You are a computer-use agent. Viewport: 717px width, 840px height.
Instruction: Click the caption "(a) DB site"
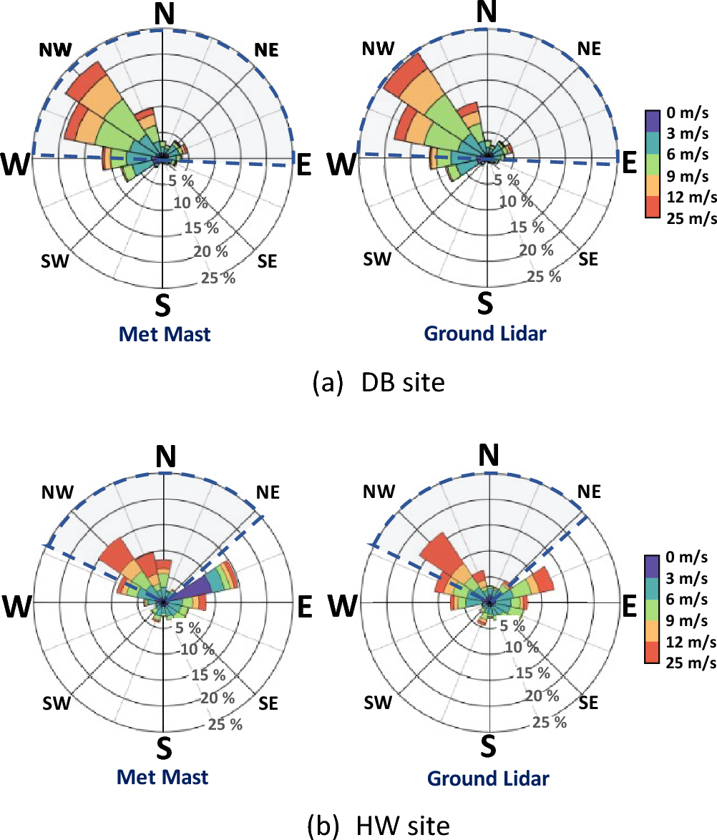[379, 383]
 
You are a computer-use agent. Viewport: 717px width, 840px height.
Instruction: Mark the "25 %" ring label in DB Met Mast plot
[218, 277]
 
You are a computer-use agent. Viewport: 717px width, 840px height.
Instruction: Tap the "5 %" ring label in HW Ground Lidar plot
[501, 627]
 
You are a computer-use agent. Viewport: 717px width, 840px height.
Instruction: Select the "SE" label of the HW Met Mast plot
[268, 704]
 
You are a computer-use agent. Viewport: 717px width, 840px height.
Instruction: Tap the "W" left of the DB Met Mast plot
[19, 165]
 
